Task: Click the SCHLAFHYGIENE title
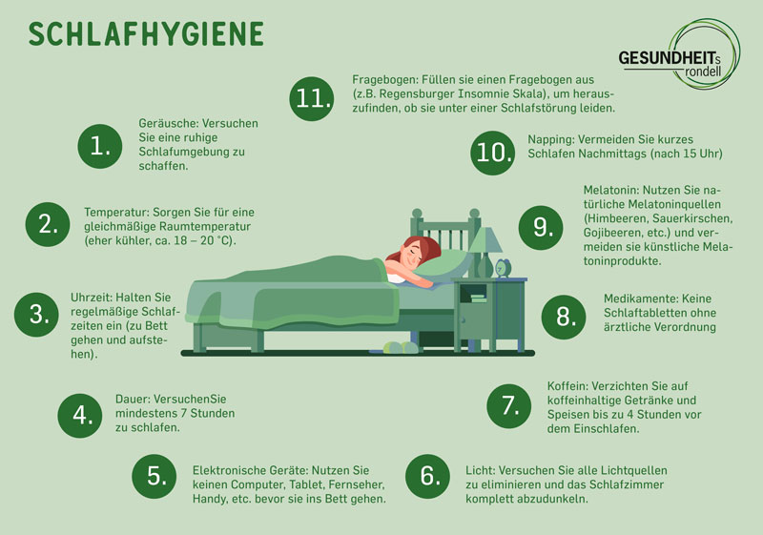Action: (145, 34)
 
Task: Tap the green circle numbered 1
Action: (100, 145)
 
